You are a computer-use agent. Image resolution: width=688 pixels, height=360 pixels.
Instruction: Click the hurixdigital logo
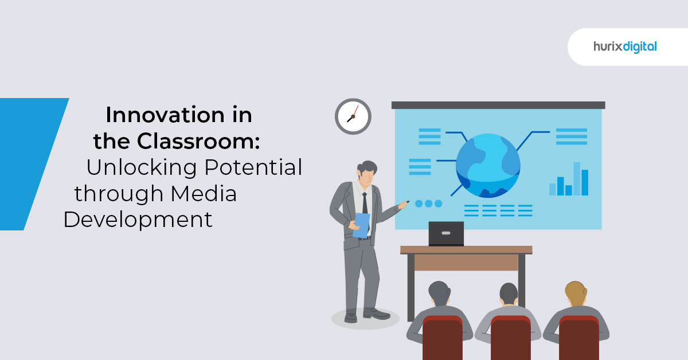pyautogui.click(x=625, y=47)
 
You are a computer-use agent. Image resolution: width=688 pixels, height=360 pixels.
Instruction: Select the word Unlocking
pyautogui.click(x=142, y=167)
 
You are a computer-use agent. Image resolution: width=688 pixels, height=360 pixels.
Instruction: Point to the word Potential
pyautogui.click(x=253, y=167)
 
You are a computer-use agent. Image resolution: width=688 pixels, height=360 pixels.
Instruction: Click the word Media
pyautogui.click(x=204, y=194)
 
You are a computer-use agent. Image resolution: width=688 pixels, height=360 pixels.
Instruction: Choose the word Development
pyautogui.click(x=138, y=220)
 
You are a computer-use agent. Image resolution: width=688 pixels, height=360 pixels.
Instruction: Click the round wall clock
pyautogui.click(x=353, y=116)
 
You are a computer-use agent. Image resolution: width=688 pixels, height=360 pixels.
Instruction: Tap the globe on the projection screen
pyautogui.click(x=488, y=166)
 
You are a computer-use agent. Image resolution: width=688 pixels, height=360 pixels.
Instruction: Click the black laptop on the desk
pyautogui.click(x=446, y=234)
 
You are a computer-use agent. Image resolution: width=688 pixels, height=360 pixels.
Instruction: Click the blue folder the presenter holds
pyautogui.click(x=362, y=225)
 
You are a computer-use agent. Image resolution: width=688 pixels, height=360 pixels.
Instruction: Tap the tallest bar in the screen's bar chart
pyautogui.click(x=577, y=179)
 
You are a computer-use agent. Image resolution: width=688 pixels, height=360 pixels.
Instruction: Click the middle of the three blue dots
pyautogui.click(x=428, y=204)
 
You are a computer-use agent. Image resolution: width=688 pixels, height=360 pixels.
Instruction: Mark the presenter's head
pyautogui.click(x=367, y=174)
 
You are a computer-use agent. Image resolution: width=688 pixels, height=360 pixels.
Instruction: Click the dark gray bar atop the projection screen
pyautogui.click(x=498, y=105)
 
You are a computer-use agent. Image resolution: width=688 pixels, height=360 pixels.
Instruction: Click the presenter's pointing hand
pyautogui.click(x=403, y=205)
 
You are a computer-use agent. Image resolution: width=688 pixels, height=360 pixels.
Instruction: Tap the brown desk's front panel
pyautogui.click(x=466, y=263)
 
